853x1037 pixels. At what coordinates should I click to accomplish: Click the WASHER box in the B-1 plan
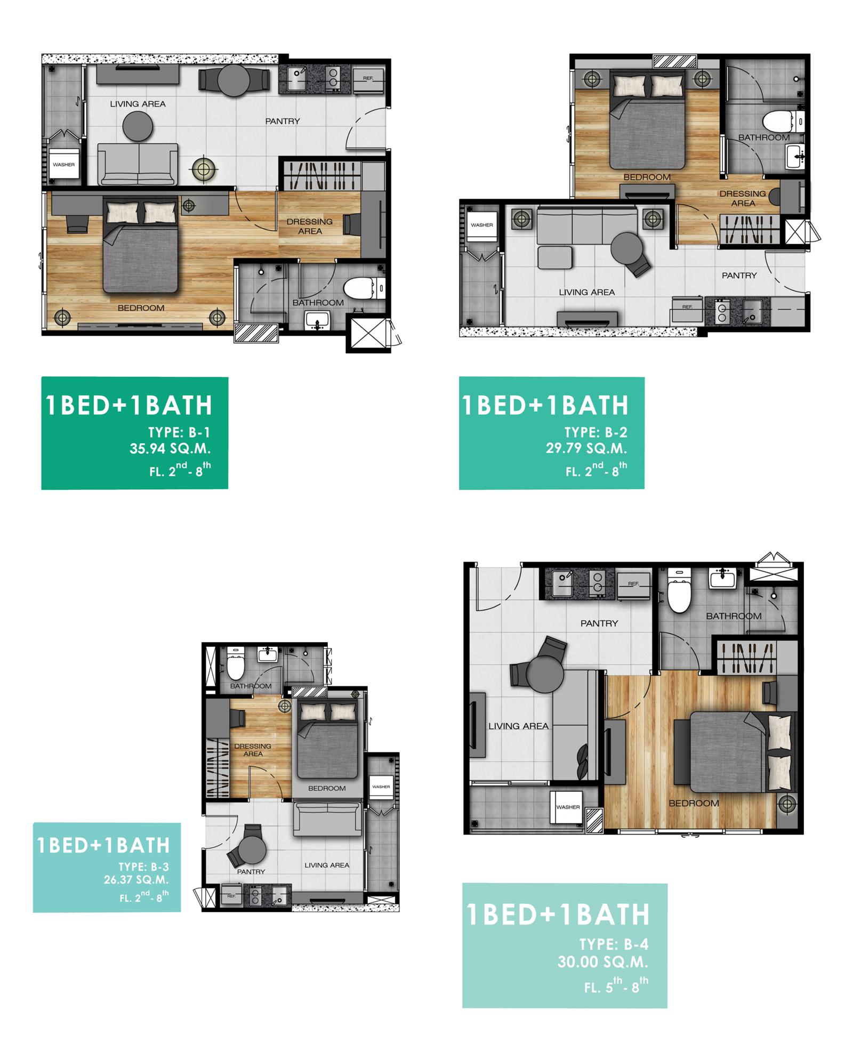tap(63, 164)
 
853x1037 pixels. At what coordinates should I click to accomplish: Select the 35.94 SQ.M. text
tap(170, 449)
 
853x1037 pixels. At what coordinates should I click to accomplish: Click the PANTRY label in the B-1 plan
tap(283, 121)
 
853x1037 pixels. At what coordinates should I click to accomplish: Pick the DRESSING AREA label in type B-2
tap(743, 198)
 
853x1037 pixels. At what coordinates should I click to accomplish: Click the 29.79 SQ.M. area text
tap(586, 448)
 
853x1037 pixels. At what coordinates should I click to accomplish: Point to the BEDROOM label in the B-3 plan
tap(327, 788)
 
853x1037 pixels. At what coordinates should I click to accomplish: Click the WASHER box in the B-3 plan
tap(381, 787)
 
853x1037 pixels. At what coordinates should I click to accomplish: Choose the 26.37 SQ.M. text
tap(136, 880)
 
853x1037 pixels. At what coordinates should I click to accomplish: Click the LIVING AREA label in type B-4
tap(518, 726)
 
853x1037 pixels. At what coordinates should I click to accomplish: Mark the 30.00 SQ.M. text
tap(602, 962)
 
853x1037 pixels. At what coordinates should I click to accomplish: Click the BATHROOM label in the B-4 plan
tap(734, 616)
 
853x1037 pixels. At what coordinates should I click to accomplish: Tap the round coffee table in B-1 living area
tap(138, 127)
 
